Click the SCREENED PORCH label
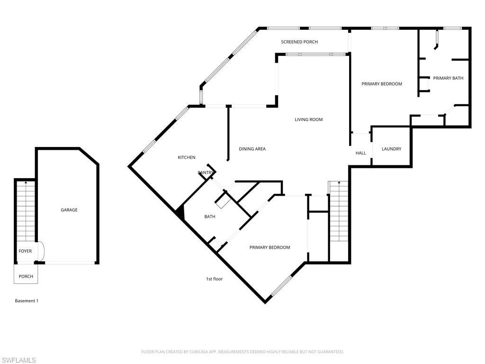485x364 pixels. (x=299, y=42)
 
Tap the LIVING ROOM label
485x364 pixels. (x=308, y=119)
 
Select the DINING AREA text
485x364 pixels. (x=252, y=149)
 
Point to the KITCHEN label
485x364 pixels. (x=186, y=157)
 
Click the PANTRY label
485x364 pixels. (x=206, y=173)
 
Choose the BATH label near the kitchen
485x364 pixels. (x=209, y=217)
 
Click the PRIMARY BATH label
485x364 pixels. (x=448, y=78)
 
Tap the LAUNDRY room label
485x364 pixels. (x=391, y=149)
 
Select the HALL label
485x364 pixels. (x=360, y=153)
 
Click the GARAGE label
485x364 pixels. (x=69, y=210)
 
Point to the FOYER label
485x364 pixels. (x=25, y=251)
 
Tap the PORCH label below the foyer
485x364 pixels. (x=26, y=276)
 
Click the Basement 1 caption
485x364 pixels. (x=27, y=301)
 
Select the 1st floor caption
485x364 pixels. (x=214, y=279)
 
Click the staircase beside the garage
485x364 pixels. (x=26, y=211)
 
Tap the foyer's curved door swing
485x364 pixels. (x=41, y=251)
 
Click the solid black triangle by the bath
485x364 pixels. (x=180, y=212)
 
